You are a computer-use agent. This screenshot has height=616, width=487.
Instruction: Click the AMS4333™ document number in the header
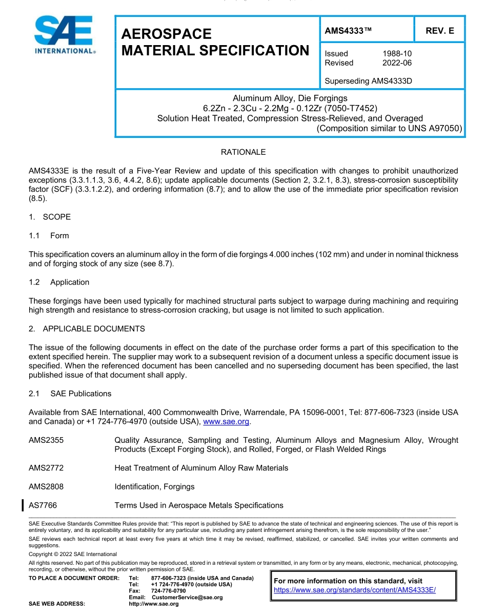tap(348, 31)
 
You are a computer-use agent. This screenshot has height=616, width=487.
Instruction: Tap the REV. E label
tap(439, 31)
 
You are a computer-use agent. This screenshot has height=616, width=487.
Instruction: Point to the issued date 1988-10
tap(397, 53)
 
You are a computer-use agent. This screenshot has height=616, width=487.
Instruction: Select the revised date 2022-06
tap(397, 63)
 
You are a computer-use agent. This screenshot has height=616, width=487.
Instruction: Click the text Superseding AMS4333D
tap(368, 81)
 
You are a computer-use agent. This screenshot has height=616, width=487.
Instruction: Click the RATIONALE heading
tap(243, 152)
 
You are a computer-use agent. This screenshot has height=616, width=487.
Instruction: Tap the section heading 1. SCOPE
tap(50, 217)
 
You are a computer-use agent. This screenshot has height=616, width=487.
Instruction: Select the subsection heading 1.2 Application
tap(59, 282)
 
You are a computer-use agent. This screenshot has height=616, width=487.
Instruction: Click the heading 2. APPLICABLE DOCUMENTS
tap(87, 328)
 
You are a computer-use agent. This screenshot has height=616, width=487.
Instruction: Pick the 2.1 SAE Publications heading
tap(70, 394)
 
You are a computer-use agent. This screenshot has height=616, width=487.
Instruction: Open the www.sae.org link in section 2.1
tap(226, 422)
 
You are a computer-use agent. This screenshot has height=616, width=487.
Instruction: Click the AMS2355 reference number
tap(46, 440)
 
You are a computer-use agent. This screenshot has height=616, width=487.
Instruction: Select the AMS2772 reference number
tap(46, 468)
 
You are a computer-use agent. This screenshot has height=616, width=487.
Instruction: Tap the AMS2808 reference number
tap(46, 486)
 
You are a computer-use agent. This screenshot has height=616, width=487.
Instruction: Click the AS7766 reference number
tap(43, 505)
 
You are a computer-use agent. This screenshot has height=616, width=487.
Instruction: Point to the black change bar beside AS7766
tap(23, 505)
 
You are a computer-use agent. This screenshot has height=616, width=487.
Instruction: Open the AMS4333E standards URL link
tap(355, 590)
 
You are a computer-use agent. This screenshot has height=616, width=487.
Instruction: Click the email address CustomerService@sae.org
tap(187, 598)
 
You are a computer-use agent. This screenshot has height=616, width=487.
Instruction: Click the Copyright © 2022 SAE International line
tap(73, 554)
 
